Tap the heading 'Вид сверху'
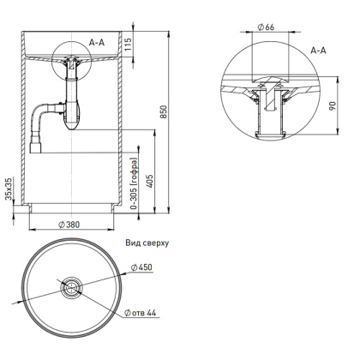pos(147,243)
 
